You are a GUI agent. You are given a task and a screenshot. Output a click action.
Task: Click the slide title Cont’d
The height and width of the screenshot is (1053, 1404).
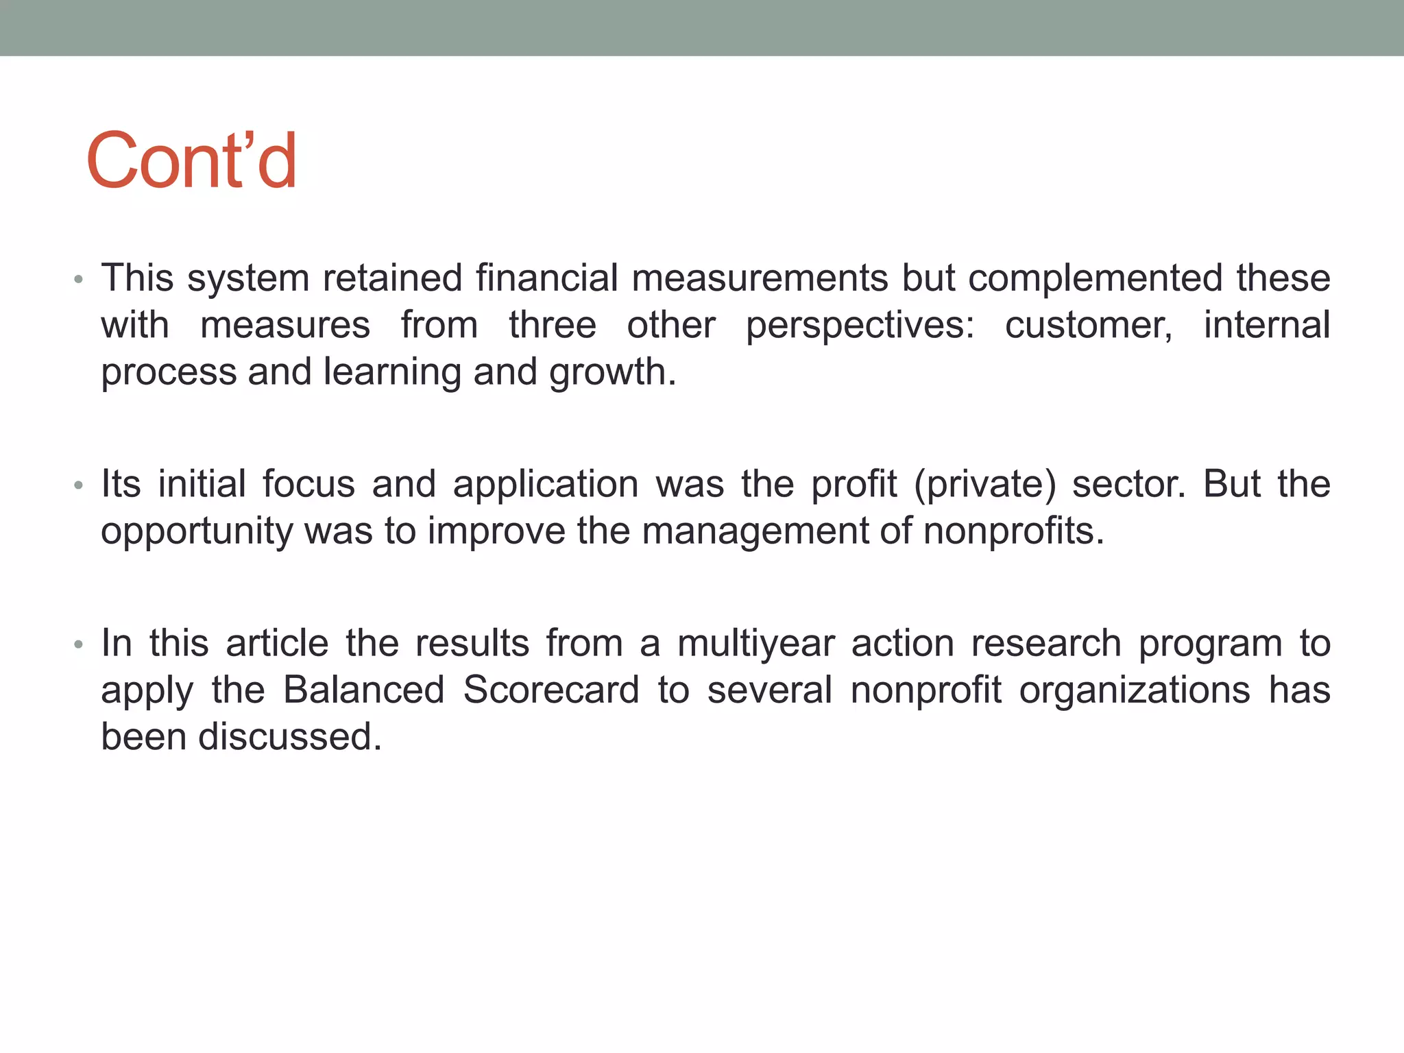(191, 160)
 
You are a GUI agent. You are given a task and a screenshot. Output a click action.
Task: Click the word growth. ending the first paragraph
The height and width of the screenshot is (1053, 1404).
(612, 373)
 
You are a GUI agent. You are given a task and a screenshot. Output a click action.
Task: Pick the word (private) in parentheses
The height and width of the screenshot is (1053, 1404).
(984, 484)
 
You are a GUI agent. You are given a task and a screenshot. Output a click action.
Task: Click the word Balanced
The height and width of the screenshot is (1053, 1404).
(364, 690)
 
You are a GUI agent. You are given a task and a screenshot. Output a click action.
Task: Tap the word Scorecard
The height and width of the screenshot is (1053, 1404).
(551, 690)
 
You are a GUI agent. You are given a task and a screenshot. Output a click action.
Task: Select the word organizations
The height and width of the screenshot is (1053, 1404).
(1135, 690)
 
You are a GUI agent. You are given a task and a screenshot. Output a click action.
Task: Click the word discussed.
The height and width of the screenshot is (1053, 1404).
(289, 738)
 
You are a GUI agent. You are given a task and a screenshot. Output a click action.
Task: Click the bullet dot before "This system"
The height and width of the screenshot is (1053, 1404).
(79, 280)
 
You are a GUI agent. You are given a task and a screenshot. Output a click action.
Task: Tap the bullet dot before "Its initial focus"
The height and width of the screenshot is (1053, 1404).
(79, 485)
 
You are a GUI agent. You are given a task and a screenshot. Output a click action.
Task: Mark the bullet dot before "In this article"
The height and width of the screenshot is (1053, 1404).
(79, 645)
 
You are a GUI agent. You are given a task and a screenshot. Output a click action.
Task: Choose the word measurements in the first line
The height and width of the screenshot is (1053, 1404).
(760, 279)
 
